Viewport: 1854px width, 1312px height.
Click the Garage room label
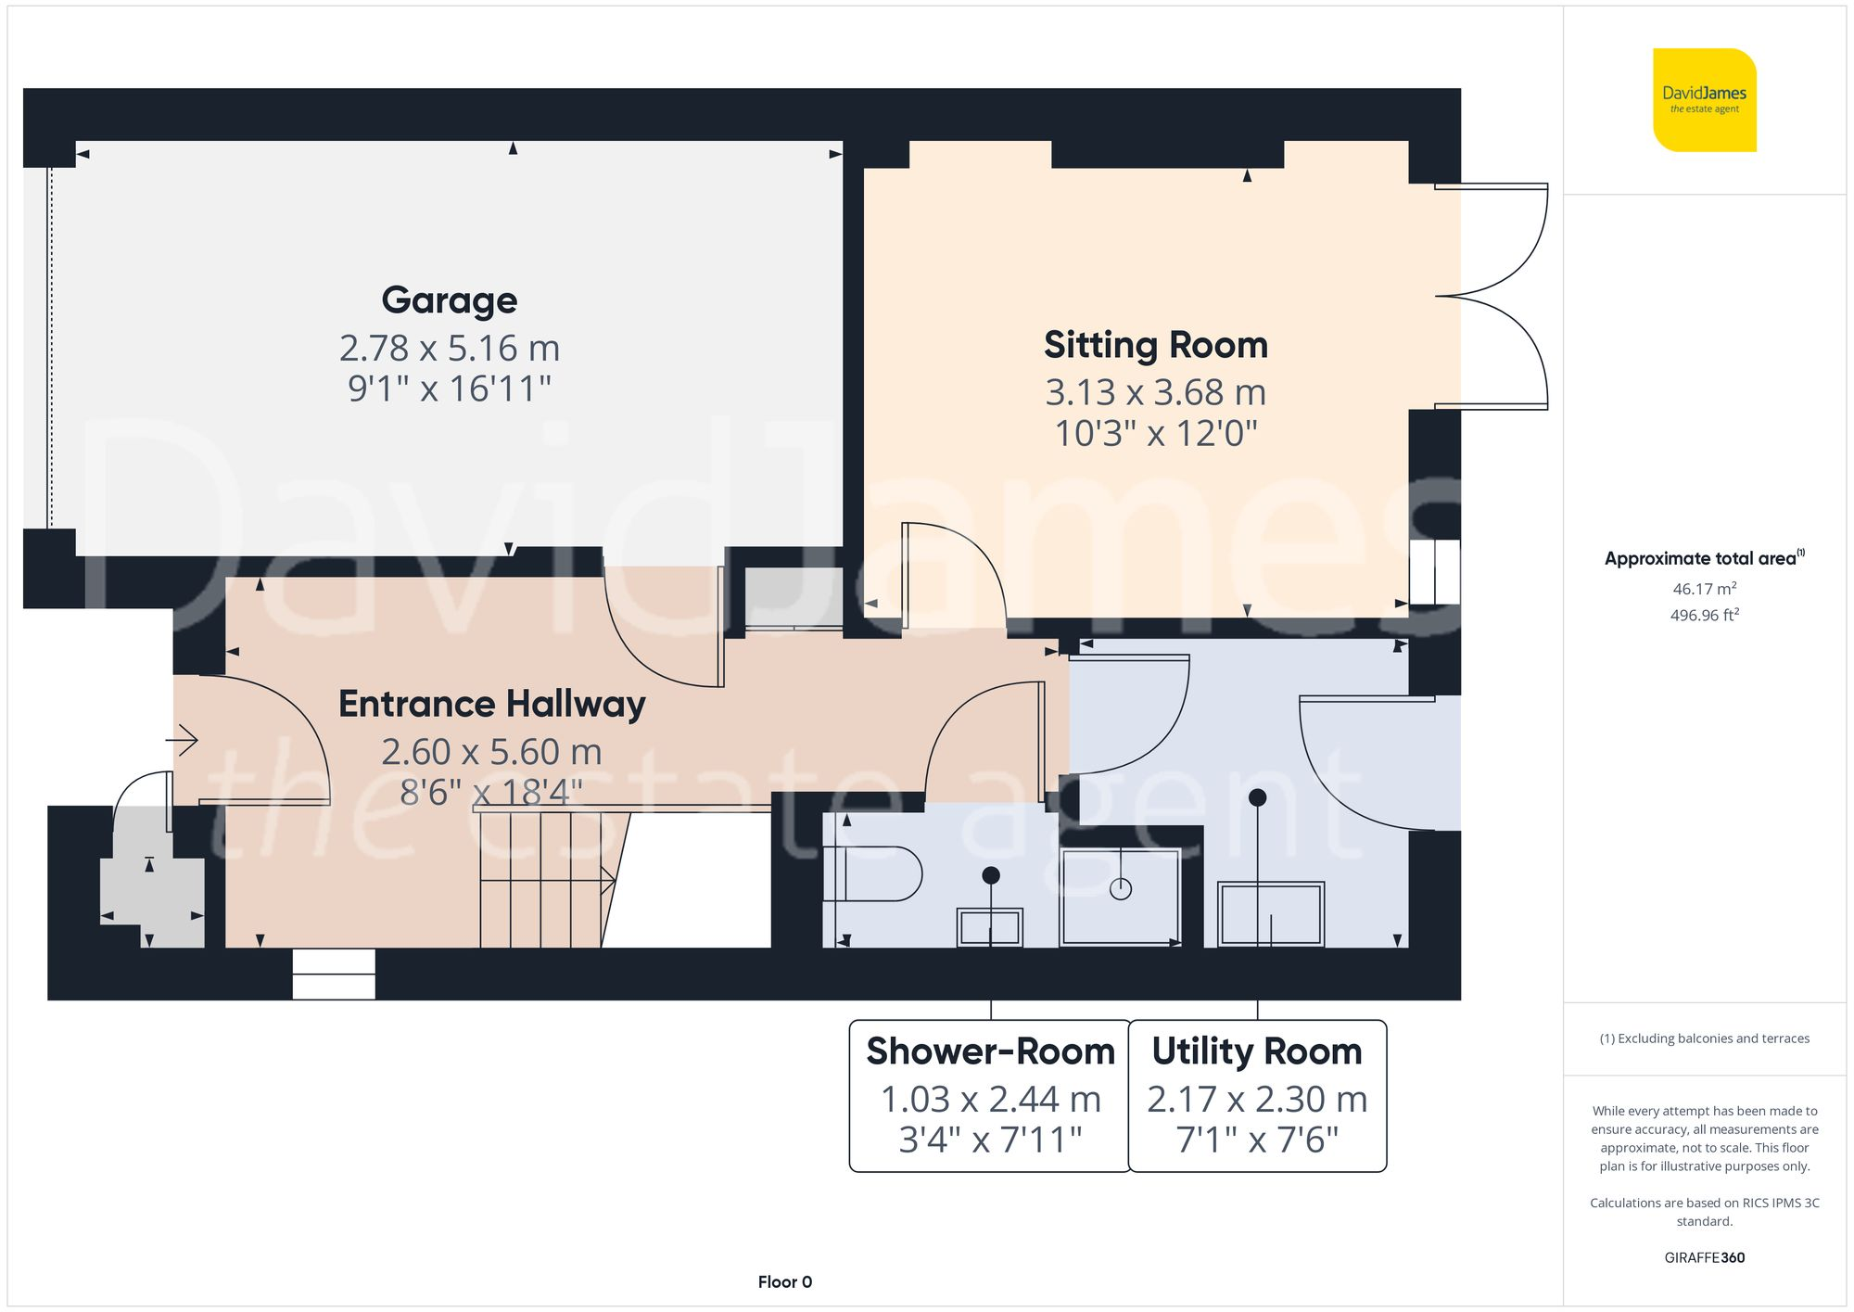coord(450,300)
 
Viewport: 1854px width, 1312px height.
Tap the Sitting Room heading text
coord(1155,345)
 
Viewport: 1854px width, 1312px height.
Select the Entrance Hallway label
coord(491,704)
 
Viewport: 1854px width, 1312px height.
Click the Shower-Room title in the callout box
coord(990,1051)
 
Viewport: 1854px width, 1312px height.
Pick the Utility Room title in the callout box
coord(1256,1051)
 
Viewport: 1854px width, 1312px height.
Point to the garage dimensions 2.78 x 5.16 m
coord(450,349)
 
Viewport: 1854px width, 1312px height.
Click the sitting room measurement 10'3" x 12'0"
coord(1155,433)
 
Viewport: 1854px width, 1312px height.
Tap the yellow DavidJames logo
coord(1704,100)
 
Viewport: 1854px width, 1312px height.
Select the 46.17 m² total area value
coord(1704,589)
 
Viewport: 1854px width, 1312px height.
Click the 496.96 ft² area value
coord(1704,616)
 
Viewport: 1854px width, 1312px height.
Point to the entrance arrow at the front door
coord(183,740)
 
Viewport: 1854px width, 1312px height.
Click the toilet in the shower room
coord(876,873)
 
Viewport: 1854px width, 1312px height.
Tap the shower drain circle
coord(1121,889)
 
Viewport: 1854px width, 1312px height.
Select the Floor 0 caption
coord(784,1281)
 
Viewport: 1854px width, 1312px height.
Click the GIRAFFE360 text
coord(1704,1257)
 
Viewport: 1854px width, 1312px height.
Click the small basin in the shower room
coord(990,926)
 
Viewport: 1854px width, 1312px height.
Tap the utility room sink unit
coord(1270,914)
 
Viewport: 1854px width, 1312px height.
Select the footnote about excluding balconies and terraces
coord(1704,1038)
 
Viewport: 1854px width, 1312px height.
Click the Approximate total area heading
coord(1702,558)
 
